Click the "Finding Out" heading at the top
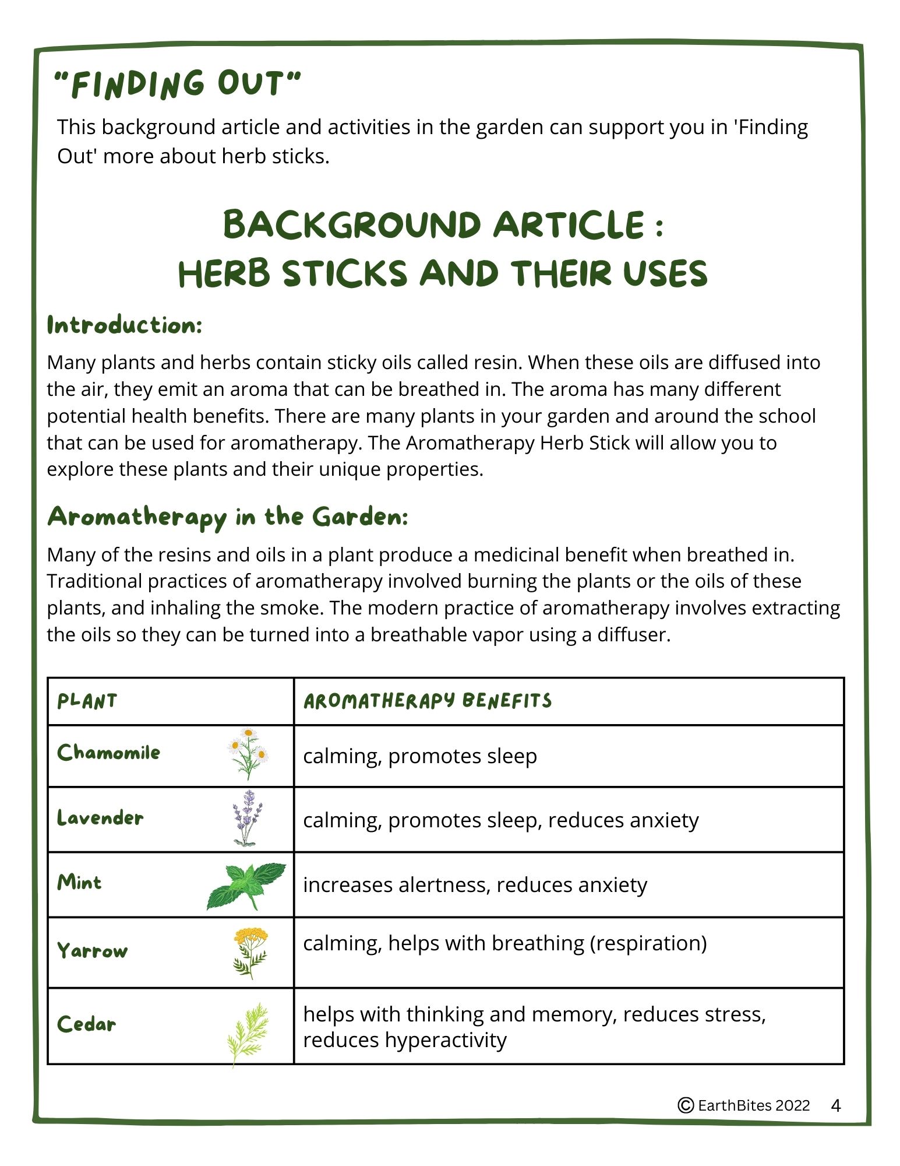tap(177, 85)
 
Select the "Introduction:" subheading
tap(125, 325)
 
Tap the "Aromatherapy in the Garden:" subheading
tap(228, 517)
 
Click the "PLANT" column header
tap(87, 701)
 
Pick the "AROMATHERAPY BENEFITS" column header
tap(427, 701)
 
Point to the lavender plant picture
tap(248, 817)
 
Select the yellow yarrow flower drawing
tap(250, 951)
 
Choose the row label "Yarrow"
tap(92, 951)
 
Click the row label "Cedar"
tap(87, 1024)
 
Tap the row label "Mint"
tap(80, 882)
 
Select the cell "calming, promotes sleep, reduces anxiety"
tap(500, 820)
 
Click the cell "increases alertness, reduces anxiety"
tap(475, 885)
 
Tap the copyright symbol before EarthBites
tap(686, 1105)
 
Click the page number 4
tap(836, 1106)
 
